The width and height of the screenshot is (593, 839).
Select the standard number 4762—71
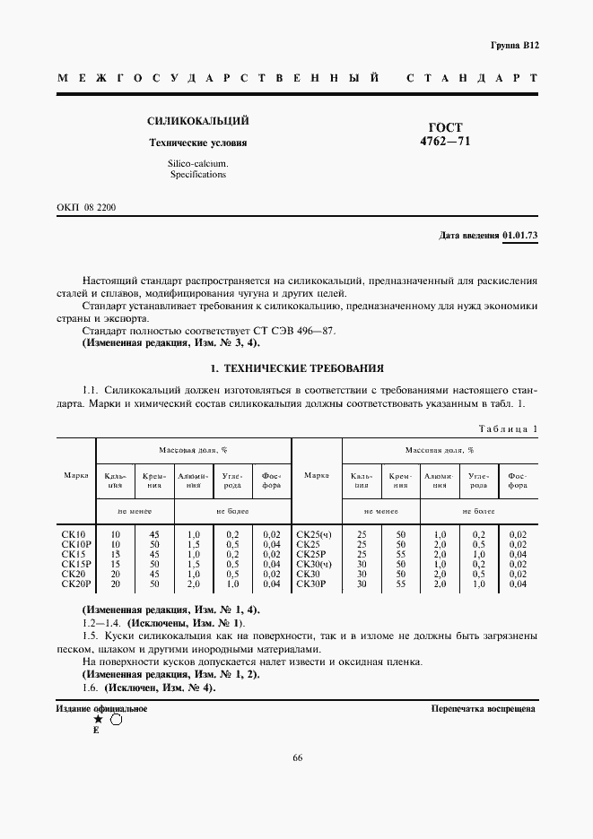(x=446, y=142)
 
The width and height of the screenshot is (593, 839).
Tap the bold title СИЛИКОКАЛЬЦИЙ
(x=197, y=121)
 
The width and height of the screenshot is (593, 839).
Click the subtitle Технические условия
(x=197, y=143)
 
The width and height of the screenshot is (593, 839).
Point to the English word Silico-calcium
(x=197, y=163)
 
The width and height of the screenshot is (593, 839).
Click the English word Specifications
(x=197, y=175)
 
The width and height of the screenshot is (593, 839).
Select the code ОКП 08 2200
(x=86, y=207)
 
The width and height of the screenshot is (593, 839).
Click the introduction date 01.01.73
(x=519, y=236)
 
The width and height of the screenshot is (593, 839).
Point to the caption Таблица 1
(x=508, y=428)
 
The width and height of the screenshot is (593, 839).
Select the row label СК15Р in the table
(x=75, y=564)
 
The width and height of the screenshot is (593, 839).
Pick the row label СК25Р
(x=310, y=554)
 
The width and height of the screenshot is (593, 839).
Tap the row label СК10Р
(x=75, y=544)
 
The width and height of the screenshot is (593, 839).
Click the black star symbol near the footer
(x=97, y=719)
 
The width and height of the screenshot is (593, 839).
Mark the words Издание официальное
(x=102, y=708)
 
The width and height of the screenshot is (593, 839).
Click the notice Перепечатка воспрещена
(x=484, y=708)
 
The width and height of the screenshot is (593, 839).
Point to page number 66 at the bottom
(x=297, y=758)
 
